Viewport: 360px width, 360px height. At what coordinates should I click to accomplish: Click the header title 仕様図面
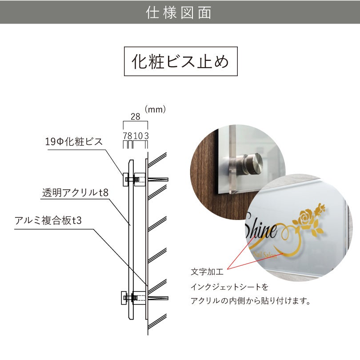tap(180, 12)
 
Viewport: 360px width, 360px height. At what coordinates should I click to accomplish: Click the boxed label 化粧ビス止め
tap(180, 61)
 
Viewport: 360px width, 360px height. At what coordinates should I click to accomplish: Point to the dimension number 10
tap(138, 135)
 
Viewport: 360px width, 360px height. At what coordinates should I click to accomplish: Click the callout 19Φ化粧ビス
tap(74, 142)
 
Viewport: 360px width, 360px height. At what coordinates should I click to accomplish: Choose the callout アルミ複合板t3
tap(48, 221)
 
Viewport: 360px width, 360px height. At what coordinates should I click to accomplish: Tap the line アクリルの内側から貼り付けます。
tap(250, 301)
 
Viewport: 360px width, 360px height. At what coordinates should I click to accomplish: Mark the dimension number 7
tap(125, 135)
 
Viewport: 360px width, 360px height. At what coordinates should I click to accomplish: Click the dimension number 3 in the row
tap(146, 135)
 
